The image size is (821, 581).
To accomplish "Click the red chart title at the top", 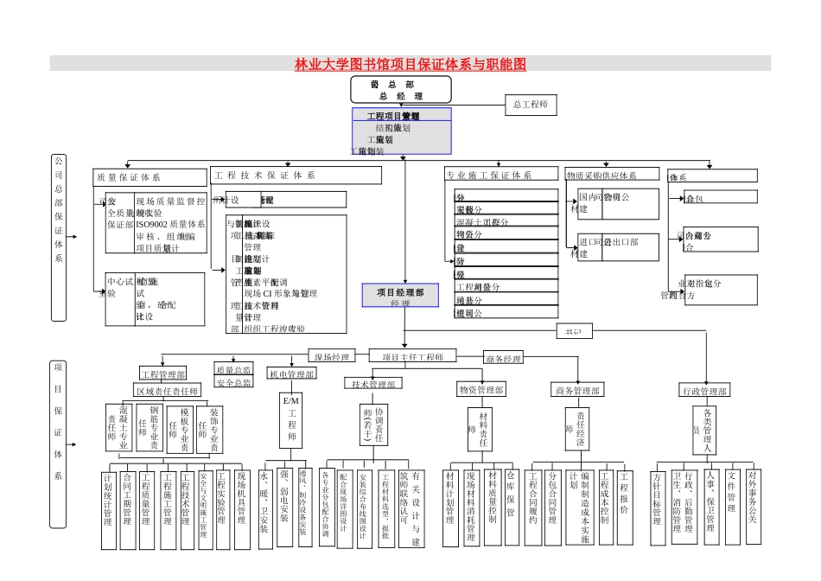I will point(410,64).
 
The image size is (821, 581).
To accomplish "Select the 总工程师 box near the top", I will point(531,105).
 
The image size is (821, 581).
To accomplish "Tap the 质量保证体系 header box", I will point(149,176).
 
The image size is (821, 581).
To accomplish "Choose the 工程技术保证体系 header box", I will point(296,176).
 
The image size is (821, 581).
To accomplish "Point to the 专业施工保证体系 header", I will point(501,176).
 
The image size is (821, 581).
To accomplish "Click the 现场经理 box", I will point(332,356).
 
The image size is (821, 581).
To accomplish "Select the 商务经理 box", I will point(503,358).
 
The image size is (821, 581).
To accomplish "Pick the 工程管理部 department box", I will point(162,374).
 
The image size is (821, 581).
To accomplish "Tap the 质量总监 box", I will point(233,369).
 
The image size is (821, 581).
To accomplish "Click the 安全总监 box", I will point(233,382).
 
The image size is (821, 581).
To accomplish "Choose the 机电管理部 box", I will point(292,374).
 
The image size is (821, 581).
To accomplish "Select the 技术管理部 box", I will point(373,384).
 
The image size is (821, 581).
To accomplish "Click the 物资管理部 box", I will point(481,390).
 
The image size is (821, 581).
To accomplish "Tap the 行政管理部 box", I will point(704,391).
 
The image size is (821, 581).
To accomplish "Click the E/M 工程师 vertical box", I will point(291,421).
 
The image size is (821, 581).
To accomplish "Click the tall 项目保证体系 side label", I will point(58,421).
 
